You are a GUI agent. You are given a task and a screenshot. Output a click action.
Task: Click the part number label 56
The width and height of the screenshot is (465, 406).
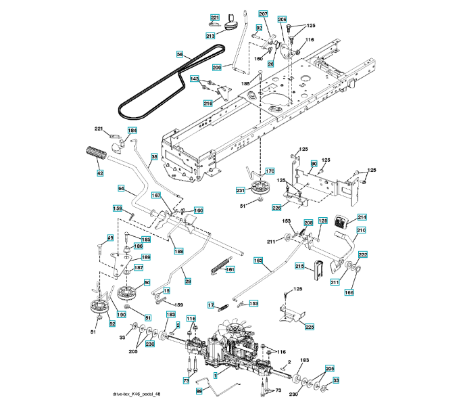tap(180, 53)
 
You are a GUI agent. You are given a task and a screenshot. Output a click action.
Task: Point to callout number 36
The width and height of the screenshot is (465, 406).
tap(154, 157)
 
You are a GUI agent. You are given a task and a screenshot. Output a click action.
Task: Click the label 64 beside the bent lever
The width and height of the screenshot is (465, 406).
tap(121, 188)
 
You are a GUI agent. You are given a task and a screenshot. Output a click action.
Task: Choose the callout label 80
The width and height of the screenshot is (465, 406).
tap(314, 164)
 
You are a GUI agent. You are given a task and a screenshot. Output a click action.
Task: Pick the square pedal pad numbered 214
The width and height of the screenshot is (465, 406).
tap(342, 219)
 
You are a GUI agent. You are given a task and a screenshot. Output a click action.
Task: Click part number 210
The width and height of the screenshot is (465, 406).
tap(361, 230)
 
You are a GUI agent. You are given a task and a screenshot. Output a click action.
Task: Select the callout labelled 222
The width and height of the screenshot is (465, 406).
tap(362, 254)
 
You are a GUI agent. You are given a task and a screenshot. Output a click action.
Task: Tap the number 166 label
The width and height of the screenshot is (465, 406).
tap(349, 292)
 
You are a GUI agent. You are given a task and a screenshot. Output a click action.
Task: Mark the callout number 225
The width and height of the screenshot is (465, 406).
tap(309, 327)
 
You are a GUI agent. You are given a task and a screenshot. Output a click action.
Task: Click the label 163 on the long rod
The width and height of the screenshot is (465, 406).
tap(258, 260)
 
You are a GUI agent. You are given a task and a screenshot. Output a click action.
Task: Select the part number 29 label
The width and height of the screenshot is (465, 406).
tap(188, 281)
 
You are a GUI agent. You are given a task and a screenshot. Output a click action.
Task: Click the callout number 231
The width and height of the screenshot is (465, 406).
tap(240, 191)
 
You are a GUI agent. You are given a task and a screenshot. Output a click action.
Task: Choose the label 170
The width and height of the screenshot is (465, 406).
tap(269, 171)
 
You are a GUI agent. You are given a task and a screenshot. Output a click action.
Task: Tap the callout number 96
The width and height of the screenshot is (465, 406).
tap(199, 391)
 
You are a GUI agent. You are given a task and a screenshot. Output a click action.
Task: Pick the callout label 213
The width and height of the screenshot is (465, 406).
tap(210, 35)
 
